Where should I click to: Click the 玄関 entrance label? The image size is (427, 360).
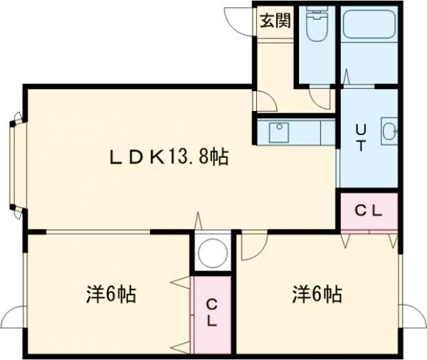tap(275, 21)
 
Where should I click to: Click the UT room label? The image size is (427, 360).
tap(361, 137)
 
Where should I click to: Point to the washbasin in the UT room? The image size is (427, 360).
tap(389, 131)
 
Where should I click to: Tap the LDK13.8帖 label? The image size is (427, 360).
tap(168, 158)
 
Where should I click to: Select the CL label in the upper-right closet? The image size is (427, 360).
tap(369, 211)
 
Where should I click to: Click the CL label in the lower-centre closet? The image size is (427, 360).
tap(212, 312)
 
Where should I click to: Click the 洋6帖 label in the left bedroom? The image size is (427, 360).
tap(112, 293)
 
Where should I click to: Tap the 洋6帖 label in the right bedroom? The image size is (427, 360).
tap(316, 293)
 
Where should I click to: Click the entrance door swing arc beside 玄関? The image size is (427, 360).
tap(238, 18)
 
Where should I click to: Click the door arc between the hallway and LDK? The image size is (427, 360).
tap(265, 101)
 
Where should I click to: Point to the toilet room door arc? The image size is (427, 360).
tap(321, 98)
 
